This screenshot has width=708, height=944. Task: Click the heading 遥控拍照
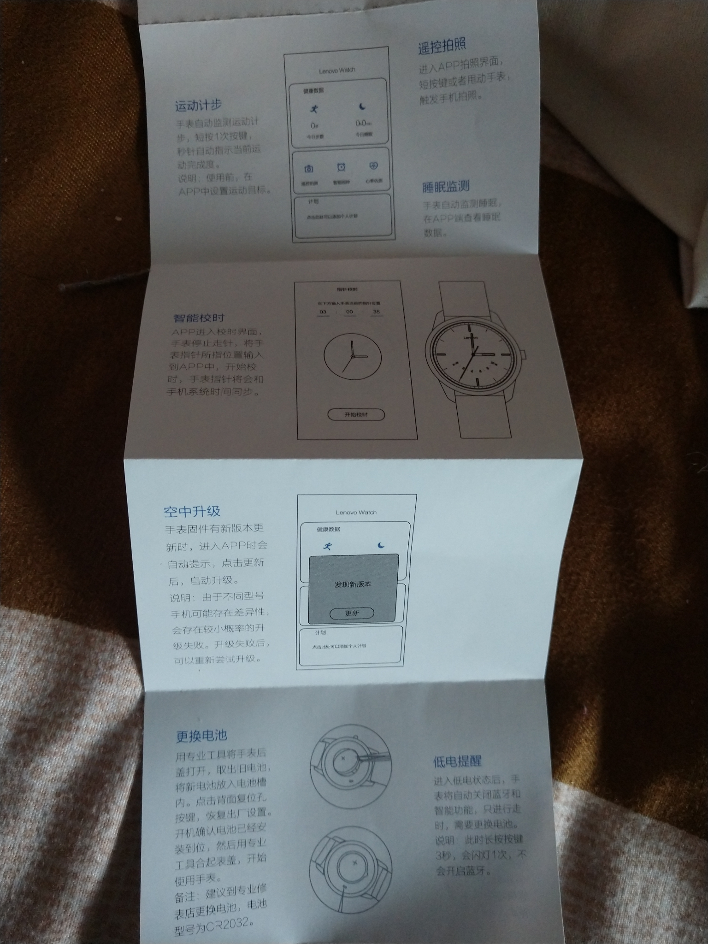442,46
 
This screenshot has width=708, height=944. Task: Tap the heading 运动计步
198,106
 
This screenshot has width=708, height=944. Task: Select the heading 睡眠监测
445,187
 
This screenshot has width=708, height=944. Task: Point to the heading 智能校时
199,318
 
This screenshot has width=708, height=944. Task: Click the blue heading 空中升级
192,511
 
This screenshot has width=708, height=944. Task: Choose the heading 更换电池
201,735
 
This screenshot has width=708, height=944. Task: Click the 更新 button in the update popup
352,614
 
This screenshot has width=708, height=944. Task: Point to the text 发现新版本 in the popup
353,584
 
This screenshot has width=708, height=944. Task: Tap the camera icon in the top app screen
308,169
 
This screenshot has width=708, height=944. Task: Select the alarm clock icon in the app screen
341,167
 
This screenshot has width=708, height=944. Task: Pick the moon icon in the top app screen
363,107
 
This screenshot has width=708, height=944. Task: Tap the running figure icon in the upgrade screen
328,546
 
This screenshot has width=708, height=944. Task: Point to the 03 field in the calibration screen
323,312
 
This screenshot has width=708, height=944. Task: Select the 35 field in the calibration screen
376,312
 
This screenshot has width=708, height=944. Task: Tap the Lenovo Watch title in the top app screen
337,71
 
